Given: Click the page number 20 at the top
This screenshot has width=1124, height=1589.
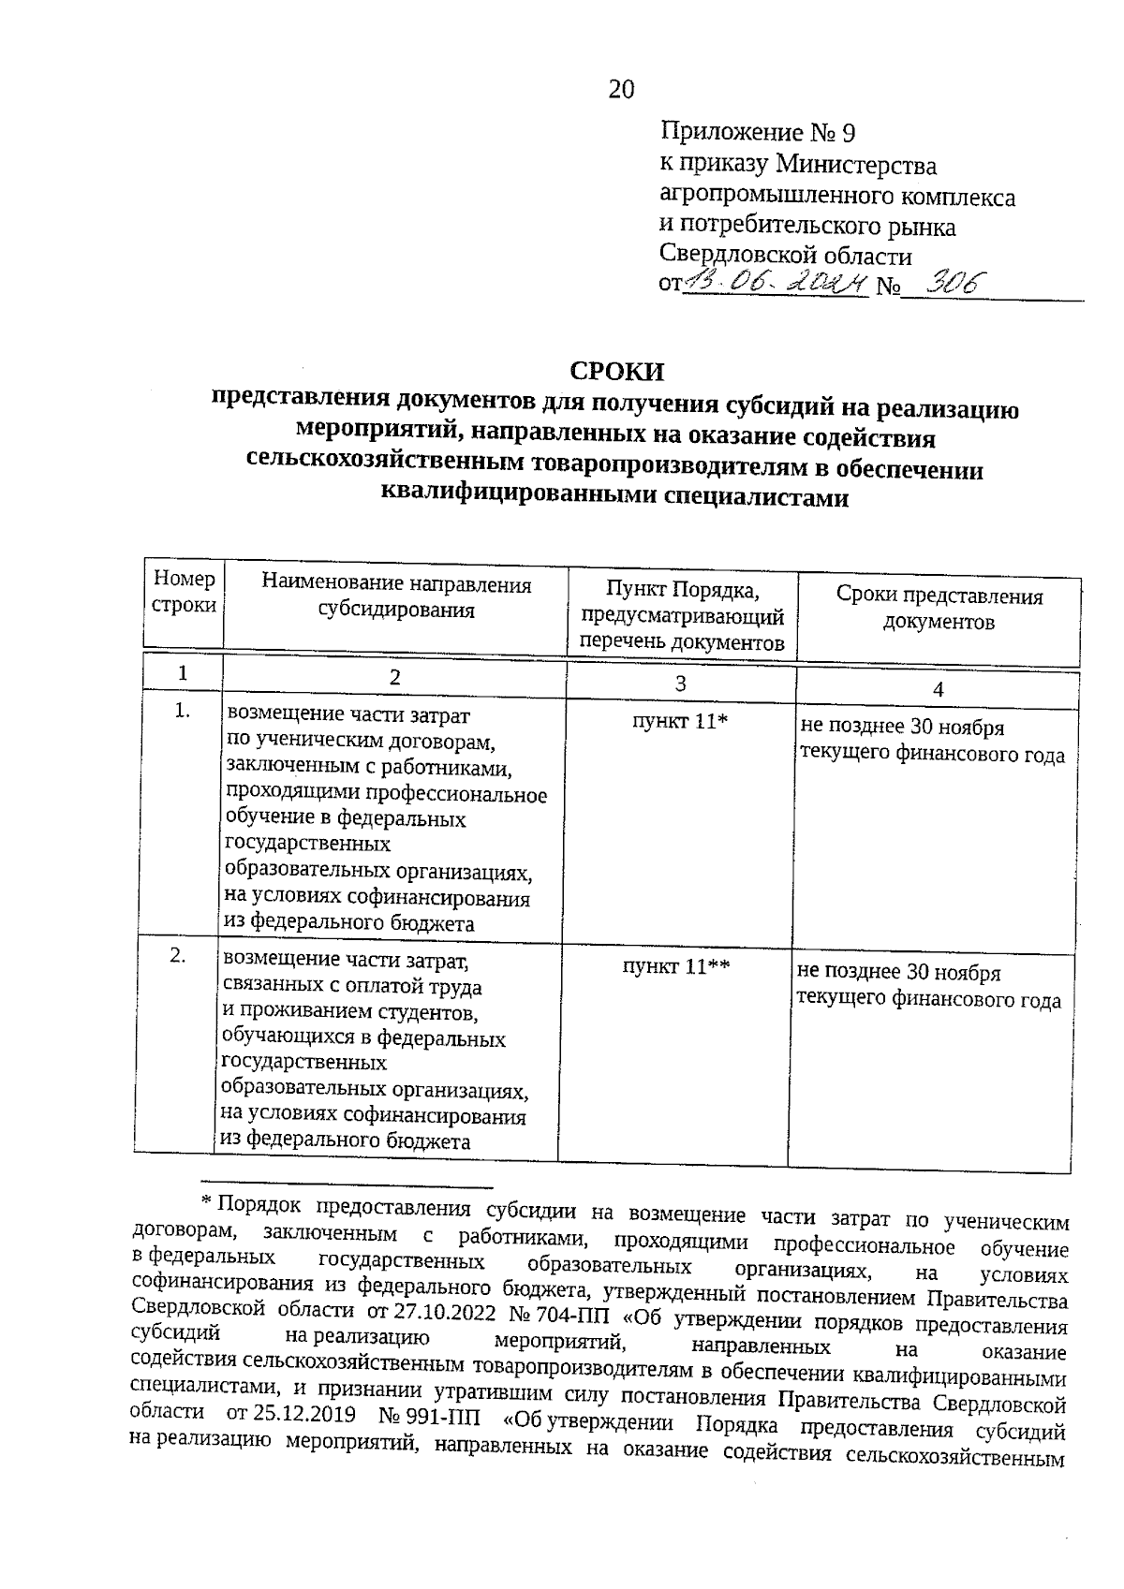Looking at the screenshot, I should (x=621, y=90).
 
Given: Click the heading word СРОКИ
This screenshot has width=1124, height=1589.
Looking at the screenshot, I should (x=617, y=372).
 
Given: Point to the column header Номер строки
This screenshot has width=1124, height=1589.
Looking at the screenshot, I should (x=184, y=593).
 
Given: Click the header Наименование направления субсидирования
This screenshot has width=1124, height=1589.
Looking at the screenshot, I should (x=396, y=598).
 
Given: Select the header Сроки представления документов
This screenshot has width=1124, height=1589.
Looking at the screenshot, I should (x=939, y=610).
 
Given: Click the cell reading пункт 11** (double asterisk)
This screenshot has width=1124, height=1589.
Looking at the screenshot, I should (x=676, y=967).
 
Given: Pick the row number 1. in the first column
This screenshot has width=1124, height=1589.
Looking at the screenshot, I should (x=183, y=712).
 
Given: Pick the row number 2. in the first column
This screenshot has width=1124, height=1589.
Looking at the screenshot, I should (x=178, y=956).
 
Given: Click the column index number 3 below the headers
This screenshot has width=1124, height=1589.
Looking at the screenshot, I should (x=681, y=684).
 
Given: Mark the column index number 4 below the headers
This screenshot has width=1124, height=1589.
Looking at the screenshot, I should (x=938, y=690).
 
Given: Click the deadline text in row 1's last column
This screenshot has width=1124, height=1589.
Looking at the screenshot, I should (x=931, y=742).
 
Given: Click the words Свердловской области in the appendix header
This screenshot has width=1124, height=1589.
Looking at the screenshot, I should (x=786, y=255).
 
